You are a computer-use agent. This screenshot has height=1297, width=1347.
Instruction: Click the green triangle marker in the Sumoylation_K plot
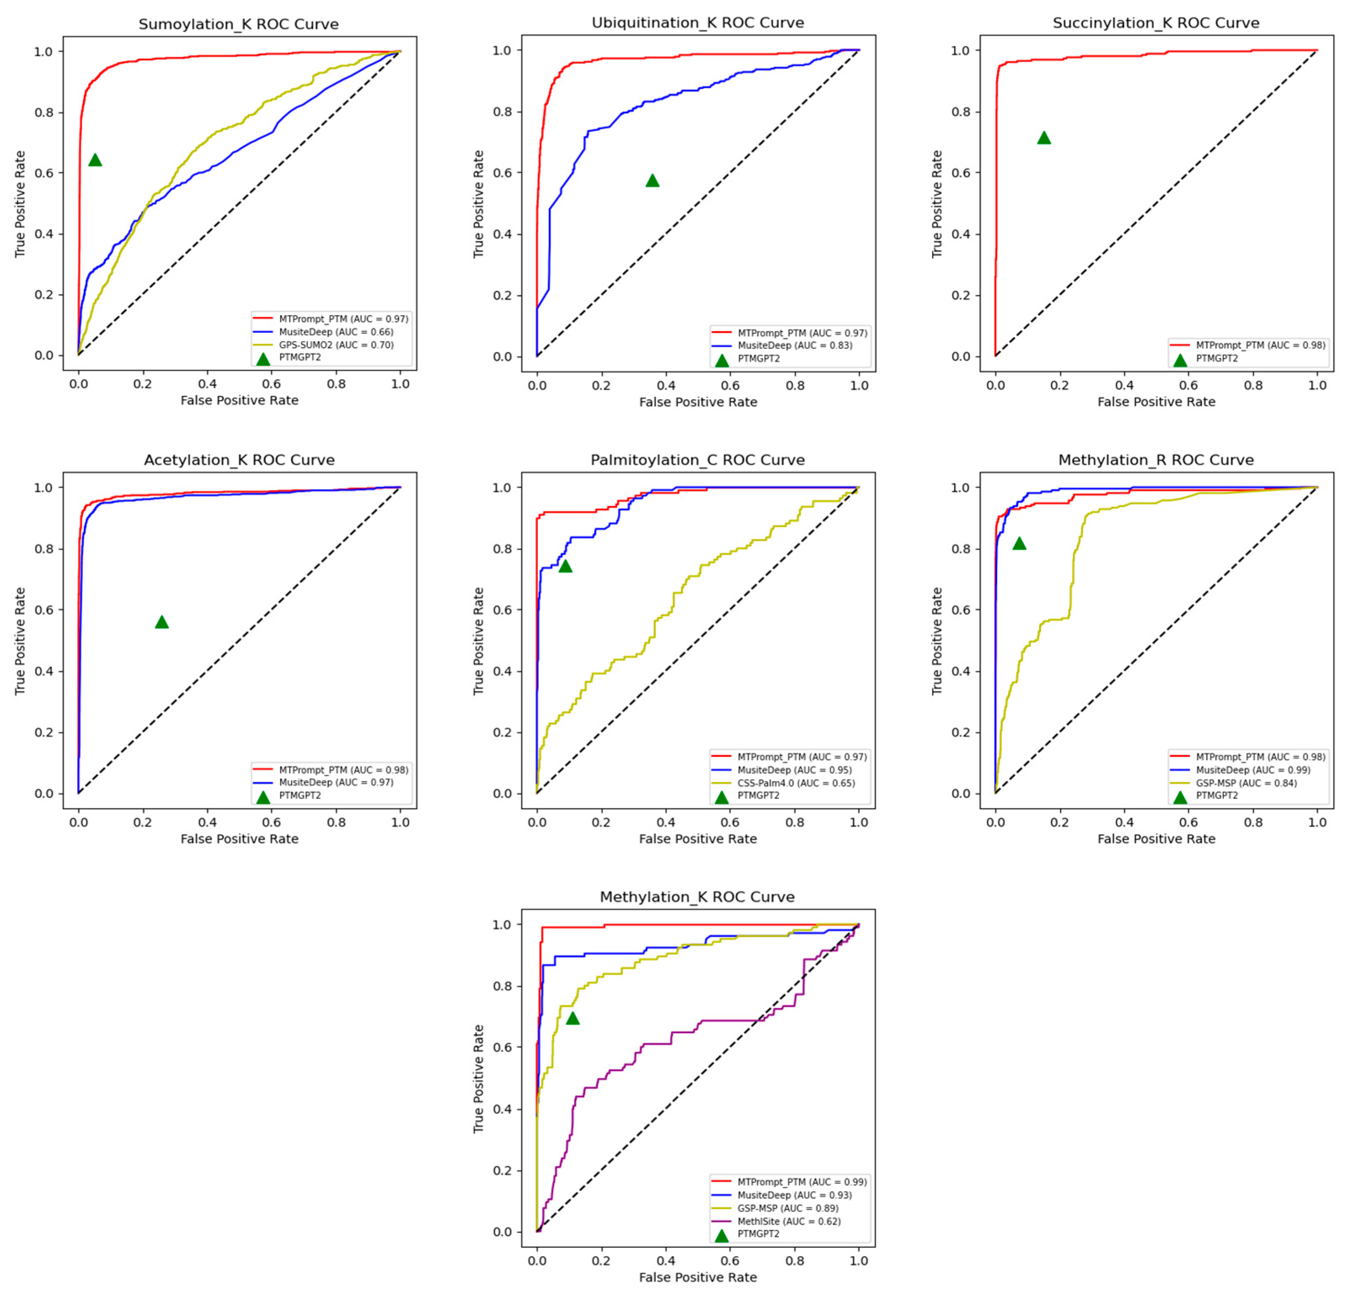95,160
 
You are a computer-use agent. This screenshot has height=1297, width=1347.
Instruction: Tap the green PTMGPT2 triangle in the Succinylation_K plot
1043,138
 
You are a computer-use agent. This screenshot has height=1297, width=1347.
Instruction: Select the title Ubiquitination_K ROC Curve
698,23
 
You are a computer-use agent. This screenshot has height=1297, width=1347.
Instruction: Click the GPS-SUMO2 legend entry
336,345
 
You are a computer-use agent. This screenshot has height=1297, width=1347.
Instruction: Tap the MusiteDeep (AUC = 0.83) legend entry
795,346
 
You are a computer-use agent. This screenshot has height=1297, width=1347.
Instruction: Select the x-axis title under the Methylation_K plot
698,1277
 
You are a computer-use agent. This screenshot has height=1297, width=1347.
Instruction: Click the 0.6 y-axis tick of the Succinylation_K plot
960,173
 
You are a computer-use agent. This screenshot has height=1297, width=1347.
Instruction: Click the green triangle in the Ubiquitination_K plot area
652,181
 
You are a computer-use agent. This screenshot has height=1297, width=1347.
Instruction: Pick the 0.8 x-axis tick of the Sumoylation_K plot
336,384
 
